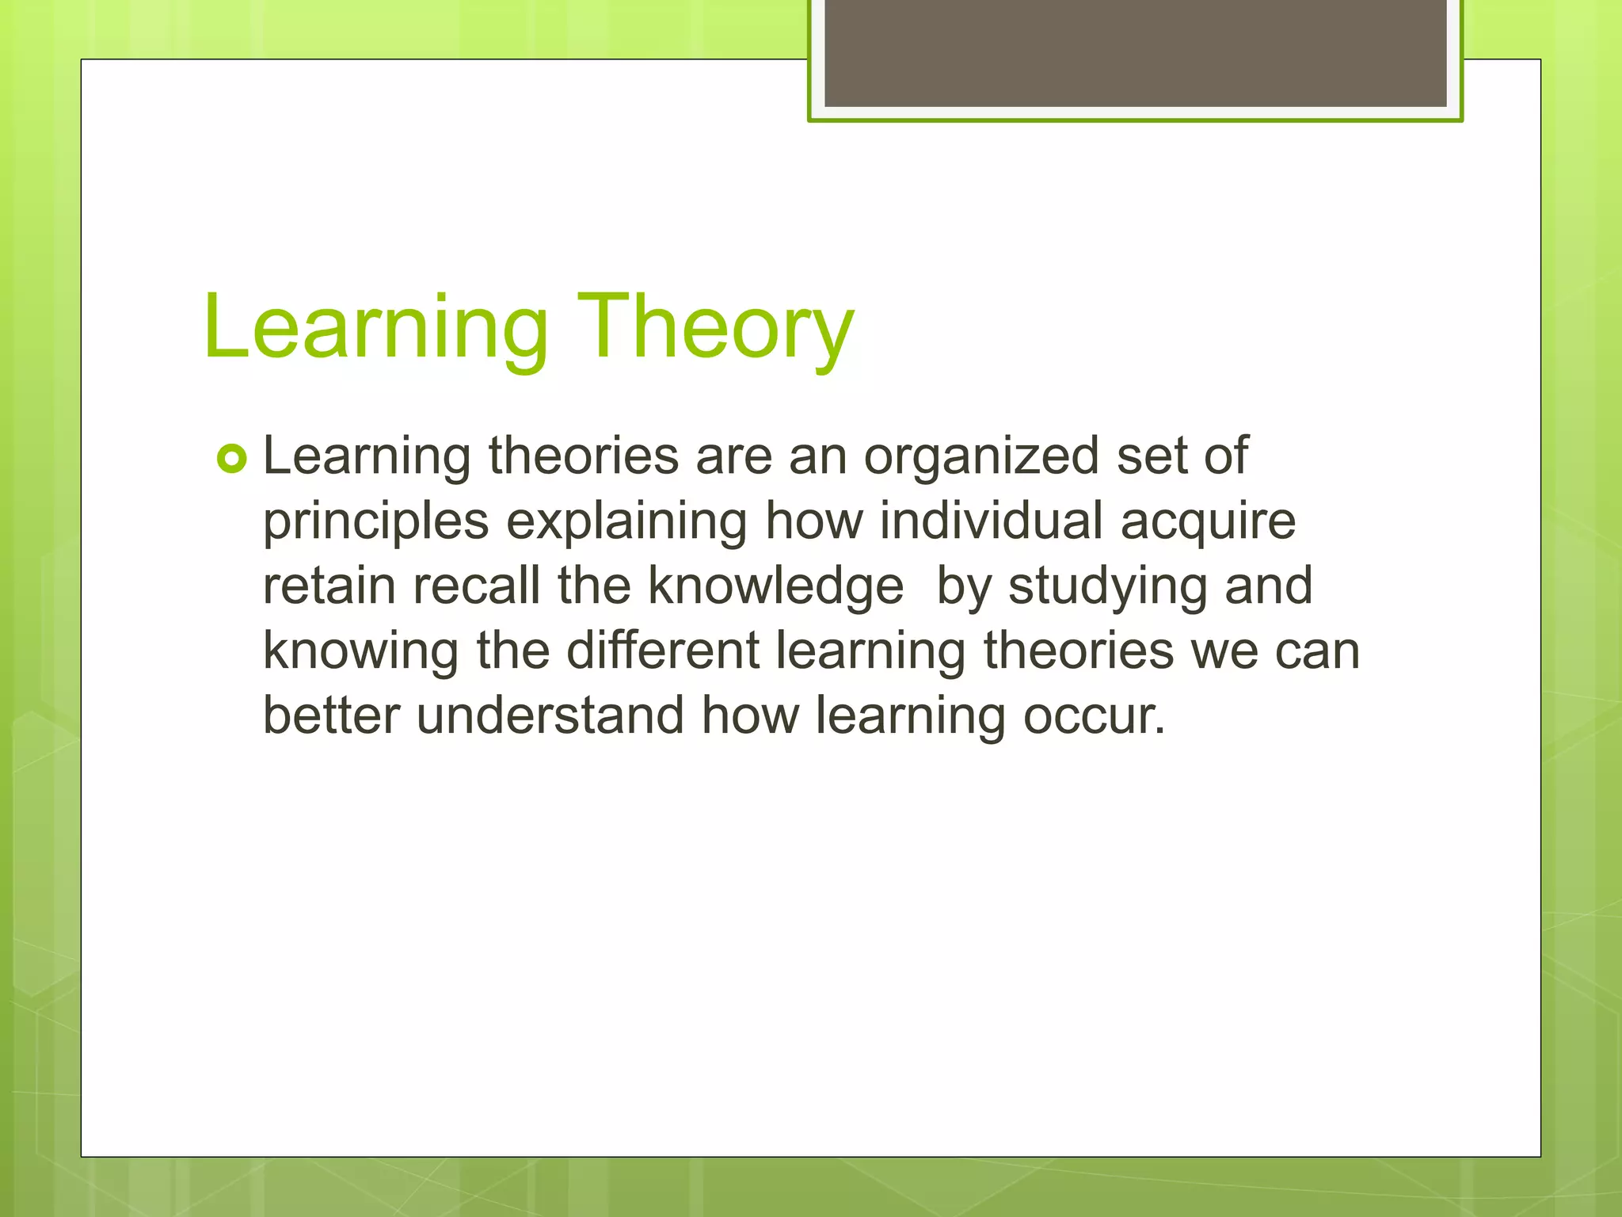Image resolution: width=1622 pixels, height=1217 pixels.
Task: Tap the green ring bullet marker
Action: tap(232, 459)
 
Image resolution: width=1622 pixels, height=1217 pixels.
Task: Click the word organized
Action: tap(981, 456)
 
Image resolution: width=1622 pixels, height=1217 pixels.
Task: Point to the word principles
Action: tap(375, 523)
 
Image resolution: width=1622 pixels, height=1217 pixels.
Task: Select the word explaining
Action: tap(626, 523)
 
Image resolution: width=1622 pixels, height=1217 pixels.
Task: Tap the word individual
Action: tap(991, 521)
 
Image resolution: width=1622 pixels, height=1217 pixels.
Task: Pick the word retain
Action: tap(329, 586)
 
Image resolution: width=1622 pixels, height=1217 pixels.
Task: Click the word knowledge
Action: tap(775, 588)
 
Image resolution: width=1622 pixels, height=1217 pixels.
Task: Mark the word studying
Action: tap(1107, 588)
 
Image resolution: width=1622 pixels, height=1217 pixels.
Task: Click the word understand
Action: tap(550, 715)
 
